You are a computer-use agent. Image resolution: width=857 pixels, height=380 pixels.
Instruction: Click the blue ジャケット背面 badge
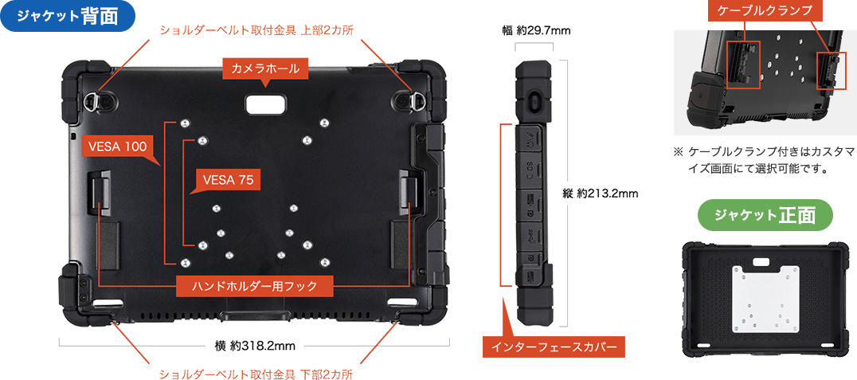[x=68, y=17]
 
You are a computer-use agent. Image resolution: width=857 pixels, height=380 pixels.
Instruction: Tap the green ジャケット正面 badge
[x=765, y=214]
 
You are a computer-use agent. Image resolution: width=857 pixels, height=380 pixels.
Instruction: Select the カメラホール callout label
[x=265, y=69]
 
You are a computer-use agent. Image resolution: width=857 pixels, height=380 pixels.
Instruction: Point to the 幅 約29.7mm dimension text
[x=536, y=30]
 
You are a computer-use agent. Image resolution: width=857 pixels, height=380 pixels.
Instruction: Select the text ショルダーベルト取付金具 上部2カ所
[x=256, y=30]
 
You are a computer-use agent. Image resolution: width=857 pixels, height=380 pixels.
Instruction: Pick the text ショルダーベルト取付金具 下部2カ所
[x=256, y=374]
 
